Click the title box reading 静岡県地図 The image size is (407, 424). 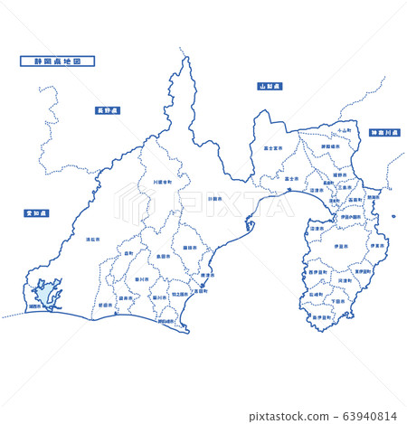57,62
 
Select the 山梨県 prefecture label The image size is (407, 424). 270,87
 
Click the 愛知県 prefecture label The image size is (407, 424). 37,213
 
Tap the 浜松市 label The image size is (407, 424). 92,240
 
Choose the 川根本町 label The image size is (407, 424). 162,182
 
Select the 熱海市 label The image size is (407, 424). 374,197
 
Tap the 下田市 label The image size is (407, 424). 337,302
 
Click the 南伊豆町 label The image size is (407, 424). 322,318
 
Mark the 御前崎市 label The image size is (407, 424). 166,322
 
